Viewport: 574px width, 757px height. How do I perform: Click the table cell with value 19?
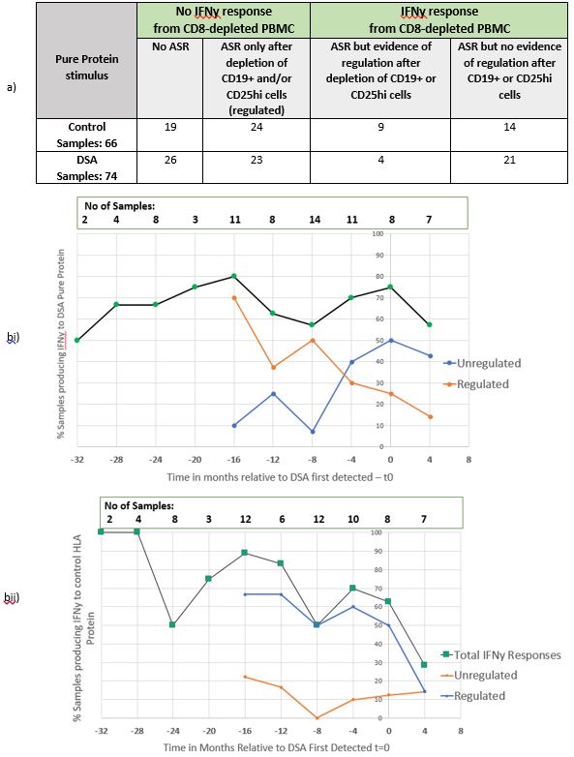(x=170, y=136)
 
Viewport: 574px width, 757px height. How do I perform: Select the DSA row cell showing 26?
(x=170, y=167)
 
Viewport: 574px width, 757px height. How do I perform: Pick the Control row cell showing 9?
(x=380, y=136)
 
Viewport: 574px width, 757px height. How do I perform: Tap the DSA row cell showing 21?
(x=509, y=167)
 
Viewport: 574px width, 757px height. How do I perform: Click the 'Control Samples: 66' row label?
(x=87, y=136)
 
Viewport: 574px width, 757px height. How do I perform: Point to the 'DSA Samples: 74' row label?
(x=87, y=167)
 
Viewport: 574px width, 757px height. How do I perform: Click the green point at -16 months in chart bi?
(x=234, y=276)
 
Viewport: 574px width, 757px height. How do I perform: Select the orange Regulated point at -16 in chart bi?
(x=234, y=298)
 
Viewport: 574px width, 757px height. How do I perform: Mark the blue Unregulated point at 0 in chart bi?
(x=390, y=341)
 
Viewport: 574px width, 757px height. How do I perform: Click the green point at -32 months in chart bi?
(x=77, y=341)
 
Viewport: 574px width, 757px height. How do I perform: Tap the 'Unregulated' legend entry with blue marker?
(x=482, y=363)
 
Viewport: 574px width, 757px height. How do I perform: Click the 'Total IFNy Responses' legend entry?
(x=501, y=655)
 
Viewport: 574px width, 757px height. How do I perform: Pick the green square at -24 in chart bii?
(x=172, y=624)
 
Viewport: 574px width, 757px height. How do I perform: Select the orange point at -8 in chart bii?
(x=317, y=718)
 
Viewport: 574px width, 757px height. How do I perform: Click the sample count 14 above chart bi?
(x=315, y=220)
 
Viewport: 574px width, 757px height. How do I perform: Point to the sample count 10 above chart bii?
(x=353, y=519)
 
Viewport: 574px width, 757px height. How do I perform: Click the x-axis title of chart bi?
(x=280, y=477)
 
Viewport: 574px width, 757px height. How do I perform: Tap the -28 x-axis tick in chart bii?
(x=137, y=731)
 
